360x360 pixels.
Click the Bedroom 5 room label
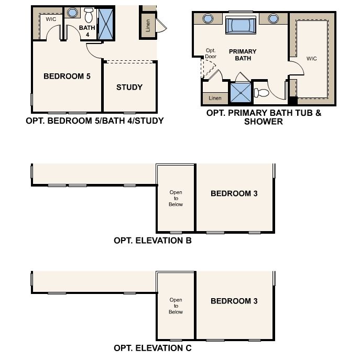pyautogui.click(x=67, y=76)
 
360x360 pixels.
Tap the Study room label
pyautogui.click(x=129, y=87)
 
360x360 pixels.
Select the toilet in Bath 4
pyautogui.click(x=89, y=15)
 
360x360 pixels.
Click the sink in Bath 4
pyautogui.click(x=72, y=13)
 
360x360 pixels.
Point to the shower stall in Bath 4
pyautogui.click(x=106, y=24)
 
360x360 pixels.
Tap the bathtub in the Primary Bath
pyautogui.click(x=241, y=26)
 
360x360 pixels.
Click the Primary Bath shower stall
pyautogui.click(x=241, y=93)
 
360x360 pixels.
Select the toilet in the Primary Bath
pyautogui.click(x=261, y=93)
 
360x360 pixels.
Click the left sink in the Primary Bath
pyautogui.click(x=208, y=18)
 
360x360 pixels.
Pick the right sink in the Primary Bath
pyautogui.click(x=274, y=18)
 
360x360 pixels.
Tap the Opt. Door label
pyautogui.click(x=211, y=53)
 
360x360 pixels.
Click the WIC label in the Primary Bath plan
pyautogui.click(x=312, y=59)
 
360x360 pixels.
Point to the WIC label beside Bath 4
pyautogui.click(x=51, y=19)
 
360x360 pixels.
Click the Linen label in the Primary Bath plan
pyautogui.click(x=215, y=98)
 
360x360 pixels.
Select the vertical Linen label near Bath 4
pyautogui.click(x=148, y=25)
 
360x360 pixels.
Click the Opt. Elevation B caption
pyautogui.click(x=152, y=241)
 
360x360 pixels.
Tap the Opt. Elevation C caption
pyautogui.click(x=152, y=348)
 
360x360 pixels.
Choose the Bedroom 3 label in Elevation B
pyautogui.click(x=234, y=193)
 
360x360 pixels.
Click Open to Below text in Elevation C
pyautogui.click(x=176, y=306)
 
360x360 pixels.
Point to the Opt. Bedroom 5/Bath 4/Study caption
pyautogui.click(x=95, y=121)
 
